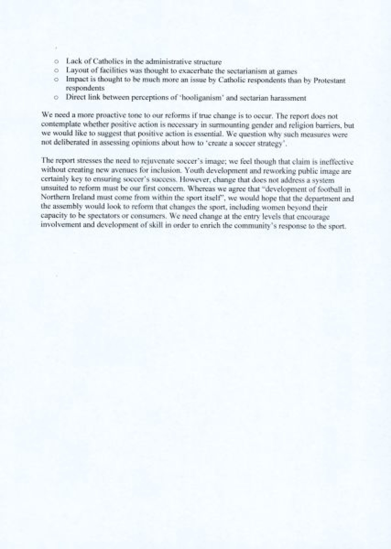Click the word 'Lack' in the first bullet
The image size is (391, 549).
[72, 61]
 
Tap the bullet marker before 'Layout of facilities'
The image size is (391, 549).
[56, 70]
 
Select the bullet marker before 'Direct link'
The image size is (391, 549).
[56, 97]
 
